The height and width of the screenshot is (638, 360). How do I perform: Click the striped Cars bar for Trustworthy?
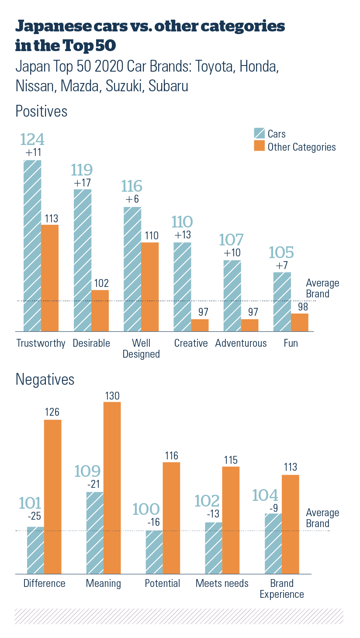click(33, 245)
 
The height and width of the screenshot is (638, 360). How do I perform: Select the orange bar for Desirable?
click(100, 310)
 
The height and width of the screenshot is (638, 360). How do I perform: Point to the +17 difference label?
click(83, 183)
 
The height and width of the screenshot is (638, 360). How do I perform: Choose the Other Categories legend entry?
click(295, 147)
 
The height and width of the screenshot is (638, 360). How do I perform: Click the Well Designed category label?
click(141, 348)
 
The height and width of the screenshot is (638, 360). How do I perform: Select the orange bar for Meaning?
click(112, 487)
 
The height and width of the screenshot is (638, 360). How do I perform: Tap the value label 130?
click(112, 396)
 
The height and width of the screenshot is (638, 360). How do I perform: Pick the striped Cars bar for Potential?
click(154, 552)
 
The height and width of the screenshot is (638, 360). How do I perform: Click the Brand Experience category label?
click(282, 589)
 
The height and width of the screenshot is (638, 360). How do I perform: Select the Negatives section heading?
click(45, 379)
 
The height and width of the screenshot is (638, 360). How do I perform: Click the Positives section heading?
click(42, 111)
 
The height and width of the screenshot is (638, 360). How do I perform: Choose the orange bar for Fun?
click(299, 322)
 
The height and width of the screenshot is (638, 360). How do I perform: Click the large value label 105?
click(281, 252)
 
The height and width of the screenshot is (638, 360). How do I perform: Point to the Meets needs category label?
click(222, 583)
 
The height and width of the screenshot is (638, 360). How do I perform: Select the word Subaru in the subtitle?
click(169, 86)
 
